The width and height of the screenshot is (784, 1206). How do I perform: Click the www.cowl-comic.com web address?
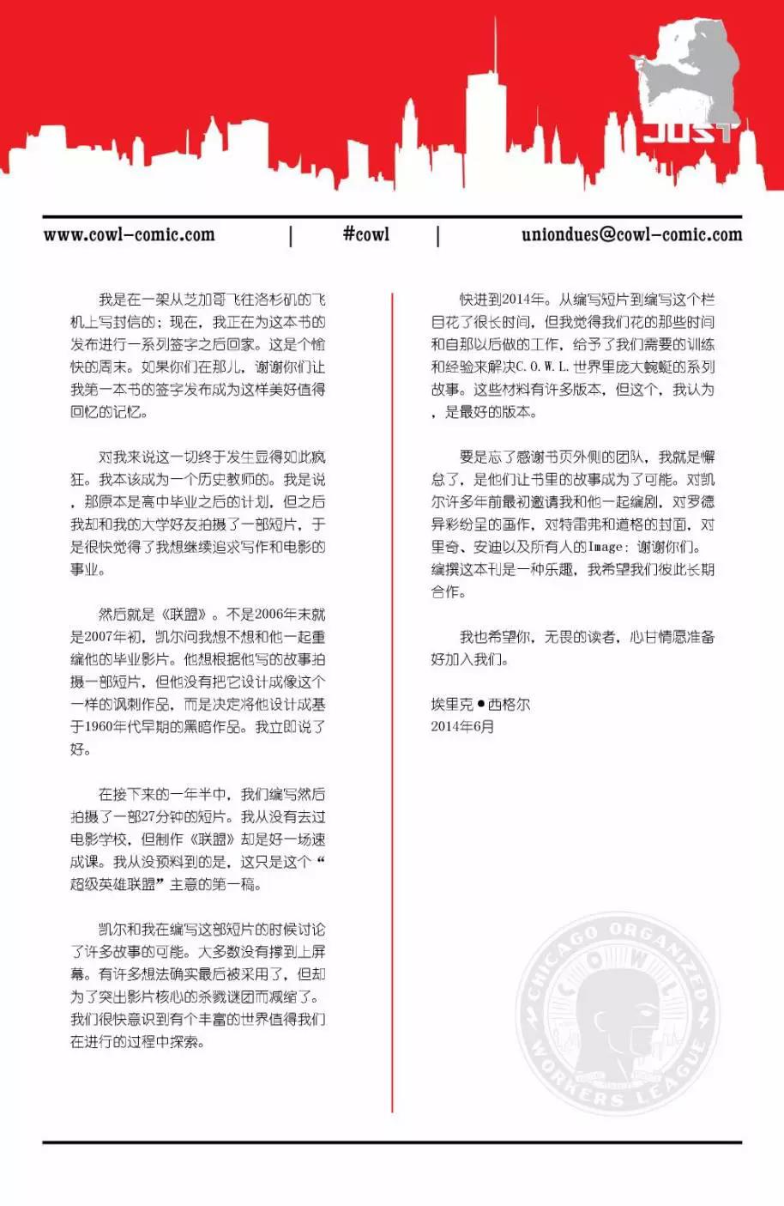pyautogui.click(x=130, y=234)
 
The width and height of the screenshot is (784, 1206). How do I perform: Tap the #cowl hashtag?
pyautogui.click(x=365, y=234)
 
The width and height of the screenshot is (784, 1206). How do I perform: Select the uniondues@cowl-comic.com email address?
pyautogui.click(x=631, y=234)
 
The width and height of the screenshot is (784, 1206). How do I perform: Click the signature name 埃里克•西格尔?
pyautogui.click(x=480, y=704)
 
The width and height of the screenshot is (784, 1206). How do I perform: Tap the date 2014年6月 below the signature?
pyautogui.click(x=462, y=726)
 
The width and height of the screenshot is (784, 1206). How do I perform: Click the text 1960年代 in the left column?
pyautogui.click(x=110, y=727)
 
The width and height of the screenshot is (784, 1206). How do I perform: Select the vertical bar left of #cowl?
pyautogui.click(x=291, y=235)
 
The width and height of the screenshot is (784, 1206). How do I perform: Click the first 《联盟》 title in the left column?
pyautogui.click(x=184, y=615)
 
